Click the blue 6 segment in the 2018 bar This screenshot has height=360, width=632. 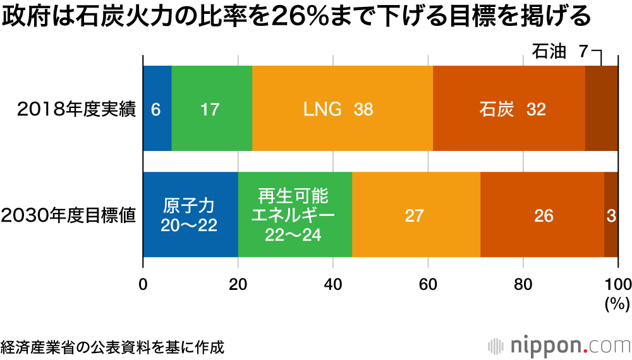coord(157,108)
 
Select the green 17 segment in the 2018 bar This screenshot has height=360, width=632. coord(211,108)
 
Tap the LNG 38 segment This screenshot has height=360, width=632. coord(342,108)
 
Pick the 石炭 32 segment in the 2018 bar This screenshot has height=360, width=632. coord(509,108)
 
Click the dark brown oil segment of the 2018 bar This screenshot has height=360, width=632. coord(601,108)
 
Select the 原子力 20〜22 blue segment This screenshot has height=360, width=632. coord(190,215)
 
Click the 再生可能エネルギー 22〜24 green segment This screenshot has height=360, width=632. coord(295,215)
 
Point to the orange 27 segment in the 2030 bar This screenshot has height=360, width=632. coord(416,215)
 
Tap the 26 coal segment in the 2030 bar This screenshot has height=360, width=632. coord(542,215)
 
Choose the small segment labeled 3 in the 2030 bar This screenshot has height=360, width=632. coord(611,215)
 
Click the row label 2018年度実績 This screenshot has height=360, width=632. coord(76,109)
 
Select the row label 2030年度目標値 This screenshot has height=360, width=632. coord(69,215)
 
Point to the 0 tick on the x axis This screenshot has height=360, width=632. coord(143,284)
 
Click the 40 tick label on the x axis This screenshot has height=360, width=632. coord(333,284)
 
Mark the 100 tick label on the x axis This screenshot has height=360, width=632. coord(617,284)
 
